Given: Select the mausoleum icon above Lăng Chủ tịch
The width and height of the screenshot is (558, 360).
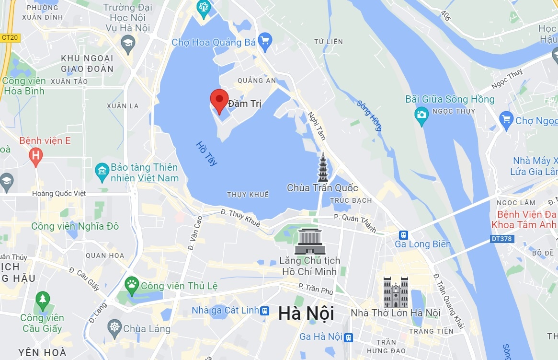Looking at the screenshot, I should (x=309, y=242).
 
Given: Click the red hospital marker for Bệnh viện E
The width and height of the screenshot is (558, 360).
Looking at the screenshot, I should (x=35, y=155).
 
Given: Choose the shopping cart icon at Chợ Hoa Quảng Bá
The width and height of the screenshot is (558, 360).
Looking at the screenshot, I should (x=265, y=40).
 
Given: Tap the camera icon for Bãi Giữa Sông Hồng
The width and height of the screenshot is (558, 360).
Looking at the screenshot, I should (x=421, y=114).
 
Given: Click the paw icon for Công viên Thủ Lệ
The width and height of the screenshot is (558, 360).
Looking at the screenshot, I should (x=131, y=285).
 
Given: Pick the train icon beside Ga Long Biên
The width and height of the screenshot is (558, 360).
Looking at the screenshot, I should (x=404, y=235).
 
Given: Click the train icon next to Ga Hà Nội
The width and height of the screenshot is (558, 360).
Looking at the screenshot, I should (x=348, y=337).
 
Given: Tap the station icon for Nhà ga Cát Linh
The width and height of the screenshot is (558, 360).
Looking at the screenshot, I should (x=265, y=311).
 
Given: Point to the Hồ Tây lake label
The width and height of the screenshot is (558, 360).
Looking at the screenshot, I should (x=207, y=153).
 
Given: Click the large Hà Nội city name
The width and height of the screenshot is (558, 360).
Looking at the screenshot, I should (x=306, y=314).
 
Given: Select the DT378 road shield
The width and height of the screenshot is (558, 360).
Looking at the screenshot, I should (x=502, y=238).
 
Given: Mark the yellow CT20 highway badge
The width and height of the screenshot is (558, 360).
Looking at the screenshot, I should (x=10, y=37).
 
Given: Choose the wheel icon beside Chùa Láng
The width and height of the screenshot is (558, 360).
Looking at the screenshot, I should (x=114, y=328).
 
